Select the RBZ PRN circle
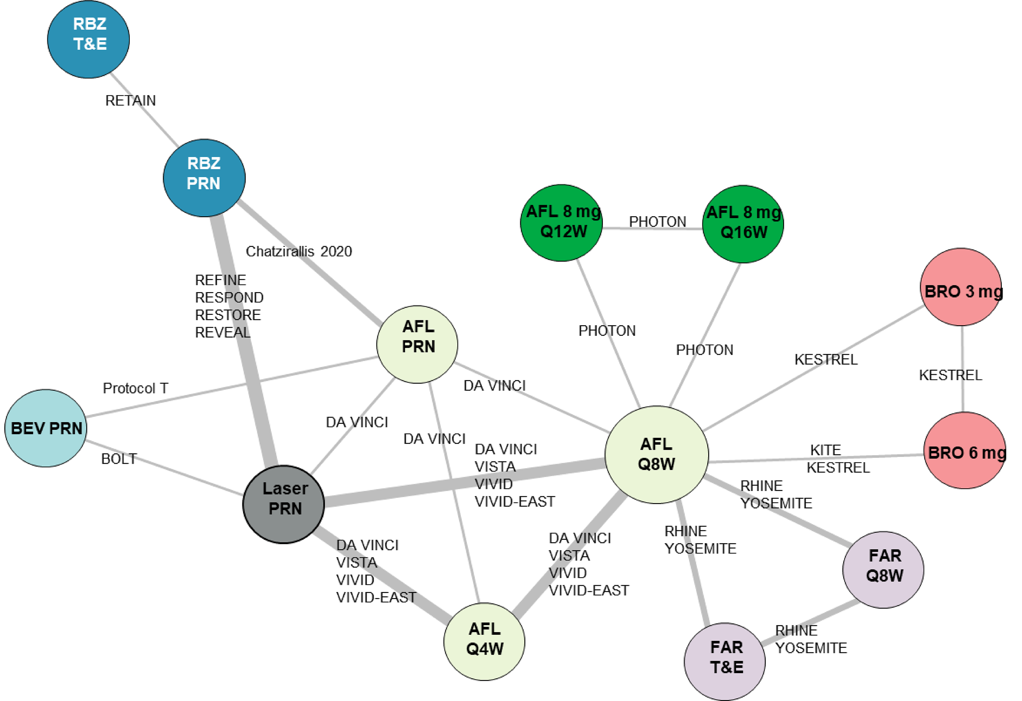click(204, 178)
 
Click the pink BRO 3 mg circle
click(961, 288)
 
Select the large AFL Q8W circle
click(657, 454)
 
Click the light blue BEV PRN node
click(46, 428)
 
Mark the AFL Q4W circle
click(484, 641)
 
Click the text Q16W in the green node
click(744, 232)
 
